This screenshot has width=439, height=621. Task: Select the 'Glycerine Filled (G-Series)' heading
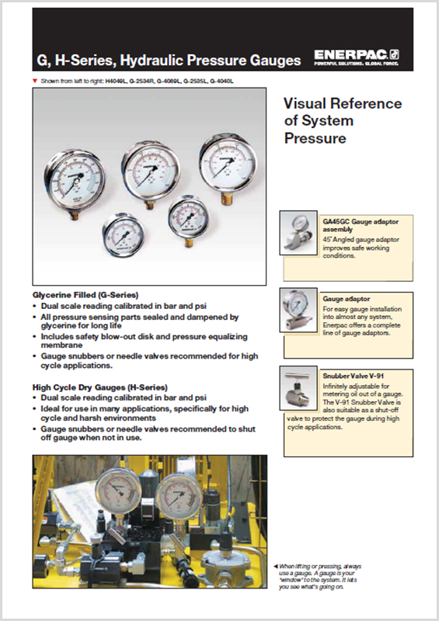[85, 296]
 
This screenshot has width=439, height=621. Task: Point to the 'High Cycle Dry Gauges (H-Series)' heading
[100, 387]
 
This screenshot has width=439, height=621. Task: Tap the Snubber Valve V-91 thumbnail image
[298, 391]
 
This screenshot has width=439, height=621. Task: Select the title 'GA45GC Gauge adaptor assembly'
[361, 226]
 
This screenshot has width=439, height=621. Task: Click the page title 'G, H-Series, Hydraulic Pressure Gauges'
[169, 60]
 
